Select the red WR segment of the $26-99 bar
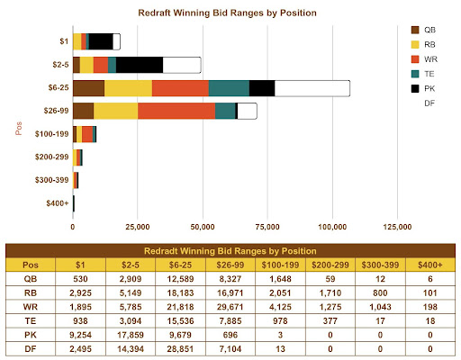click(176, 111)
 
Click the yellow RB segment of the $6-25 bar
click(128, 88)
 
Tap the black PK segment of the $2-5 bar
click(140, 65)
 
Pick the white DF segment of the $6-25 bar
click(312, 88)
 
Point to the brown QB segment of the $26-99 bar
click(83, 111)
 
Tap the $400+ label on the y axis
click(55, 203)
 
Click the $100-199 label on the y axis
click(49, 134)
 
